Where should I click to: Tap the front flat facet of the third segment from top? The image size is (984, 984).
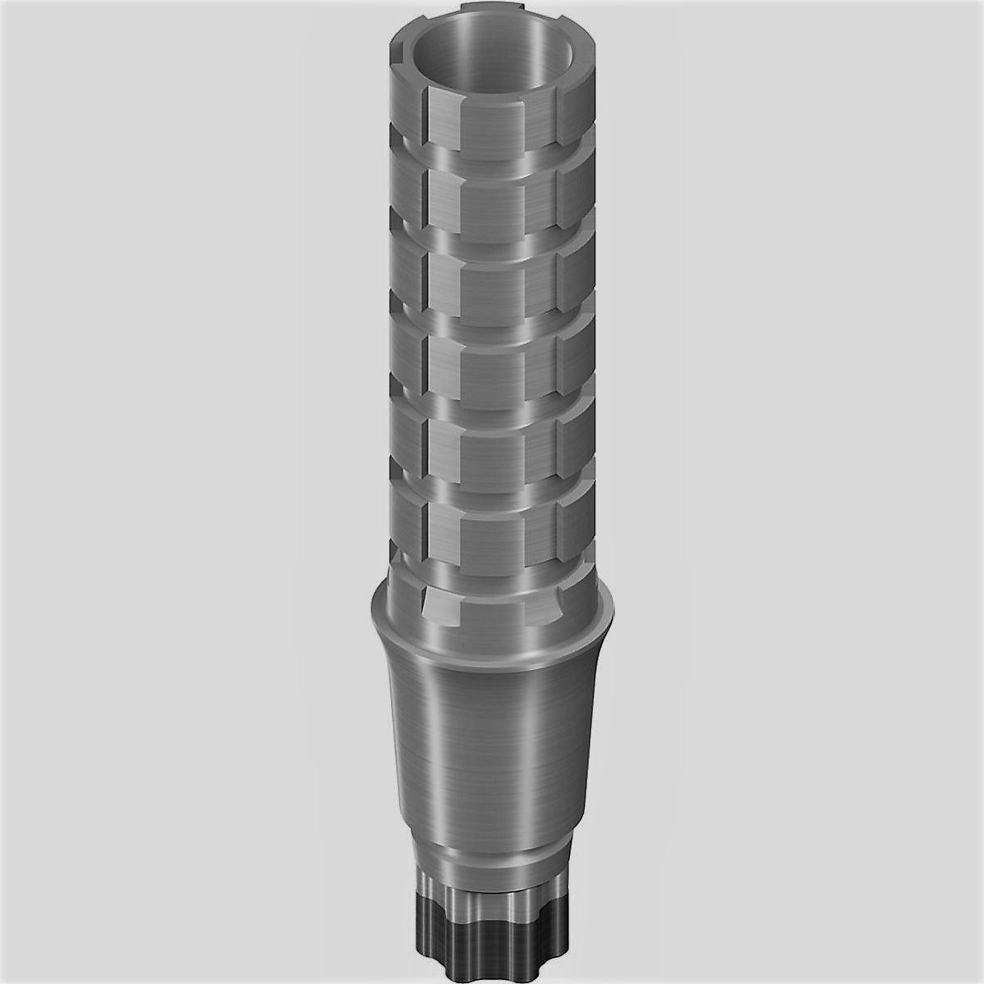click(x=492, y=284)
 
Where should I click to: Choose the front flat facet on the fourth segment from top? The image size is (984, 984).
click(x=492, y=366)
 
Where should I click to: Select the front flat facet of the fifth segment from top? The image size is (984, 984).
click(x=492, y=448)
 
